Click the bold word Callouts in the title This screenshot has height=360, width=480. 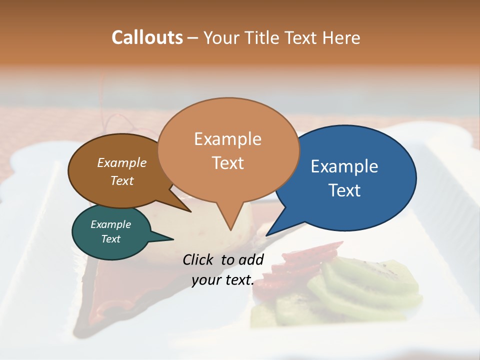147,37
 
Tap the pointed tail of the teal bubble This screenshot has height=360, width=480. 165,238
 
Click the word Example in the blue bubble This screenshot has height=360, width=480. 344,166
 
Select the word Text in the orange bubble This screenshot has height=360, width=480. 228,163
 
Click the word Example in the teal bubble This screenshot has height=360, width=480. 111,224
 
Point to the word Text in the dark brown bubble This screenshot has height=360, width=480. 122,181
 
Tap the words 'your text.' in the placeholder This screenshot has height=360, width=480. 223,280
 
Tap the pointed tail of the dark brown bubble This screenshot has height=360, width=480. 185,208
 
